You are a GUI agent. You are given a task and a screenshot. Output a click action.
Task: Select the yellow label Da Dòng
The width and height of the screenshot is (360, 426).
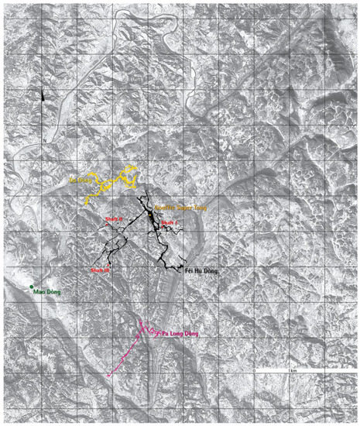78,182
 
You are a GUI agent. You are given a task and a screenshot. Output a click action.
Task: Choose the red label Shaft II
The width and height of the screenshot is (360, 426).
114,220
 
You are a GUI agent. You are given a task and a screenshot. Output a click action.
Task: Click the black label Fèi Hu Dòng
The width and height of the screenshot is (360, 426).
203,271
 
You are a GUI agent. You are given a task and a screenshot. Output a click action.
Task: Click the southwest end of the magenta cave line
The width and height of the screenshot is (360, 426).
108,376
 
